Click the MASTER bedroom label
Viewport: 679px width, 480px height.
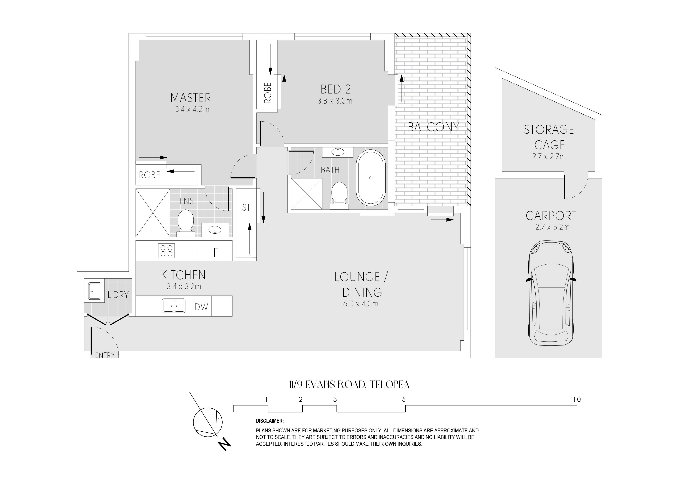(x=190, y=98)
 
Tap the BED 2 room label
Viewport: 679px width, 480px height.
(x=336, y=89)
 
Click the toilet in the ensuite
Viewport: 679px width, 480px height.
(x=186, y=223)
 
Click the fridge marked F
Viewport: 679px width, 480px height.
(x=215, y=251)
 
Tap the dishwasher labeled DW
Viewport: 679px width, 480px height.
(x=201, y=307)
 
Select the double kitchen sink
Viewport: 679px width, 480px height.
(x=174, y=305)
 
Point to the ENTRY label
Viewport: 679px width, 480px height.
(x=105, y=355)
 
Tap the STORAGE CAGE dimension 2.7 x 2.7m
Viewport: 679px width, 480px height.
(x=549, y=156)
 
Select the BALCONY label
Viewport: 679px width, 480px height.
(x=433, y=127)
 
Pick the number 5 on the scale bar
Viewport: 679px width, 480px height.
(x=404, y=399)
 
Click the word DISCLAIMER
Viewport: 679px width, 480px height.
(x=270, y=421)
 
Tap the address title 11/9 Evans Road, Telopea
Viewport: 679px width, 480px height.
(x=349, y=384)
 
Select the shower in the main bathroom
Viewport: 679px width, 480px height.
(x=307, y=194)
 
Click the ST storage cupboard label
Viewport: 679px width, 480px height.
(x=246, y=208)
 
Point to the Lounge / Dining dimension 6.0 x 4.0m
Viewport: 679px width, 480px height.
(x=360, y=304)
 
